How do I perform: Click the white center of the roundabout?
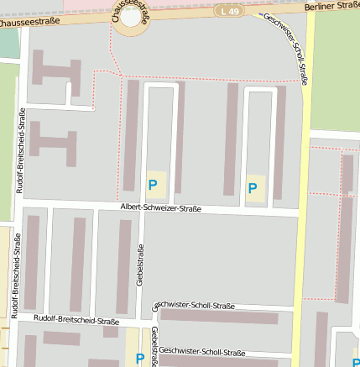(x=132, y=16)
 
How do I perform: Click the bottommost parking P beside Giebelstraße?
(x=140, y=359)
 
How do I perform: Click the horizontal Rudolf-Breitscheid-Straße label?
(x=76, y=320)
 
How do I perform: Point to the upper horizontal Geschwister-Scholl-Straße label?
(x=195, y=306)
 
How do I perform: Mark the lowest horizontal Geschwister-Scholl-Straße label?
(x=201, y=352)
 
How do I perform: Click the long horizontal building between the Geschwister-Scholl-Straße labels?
(x=218, y=317)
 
